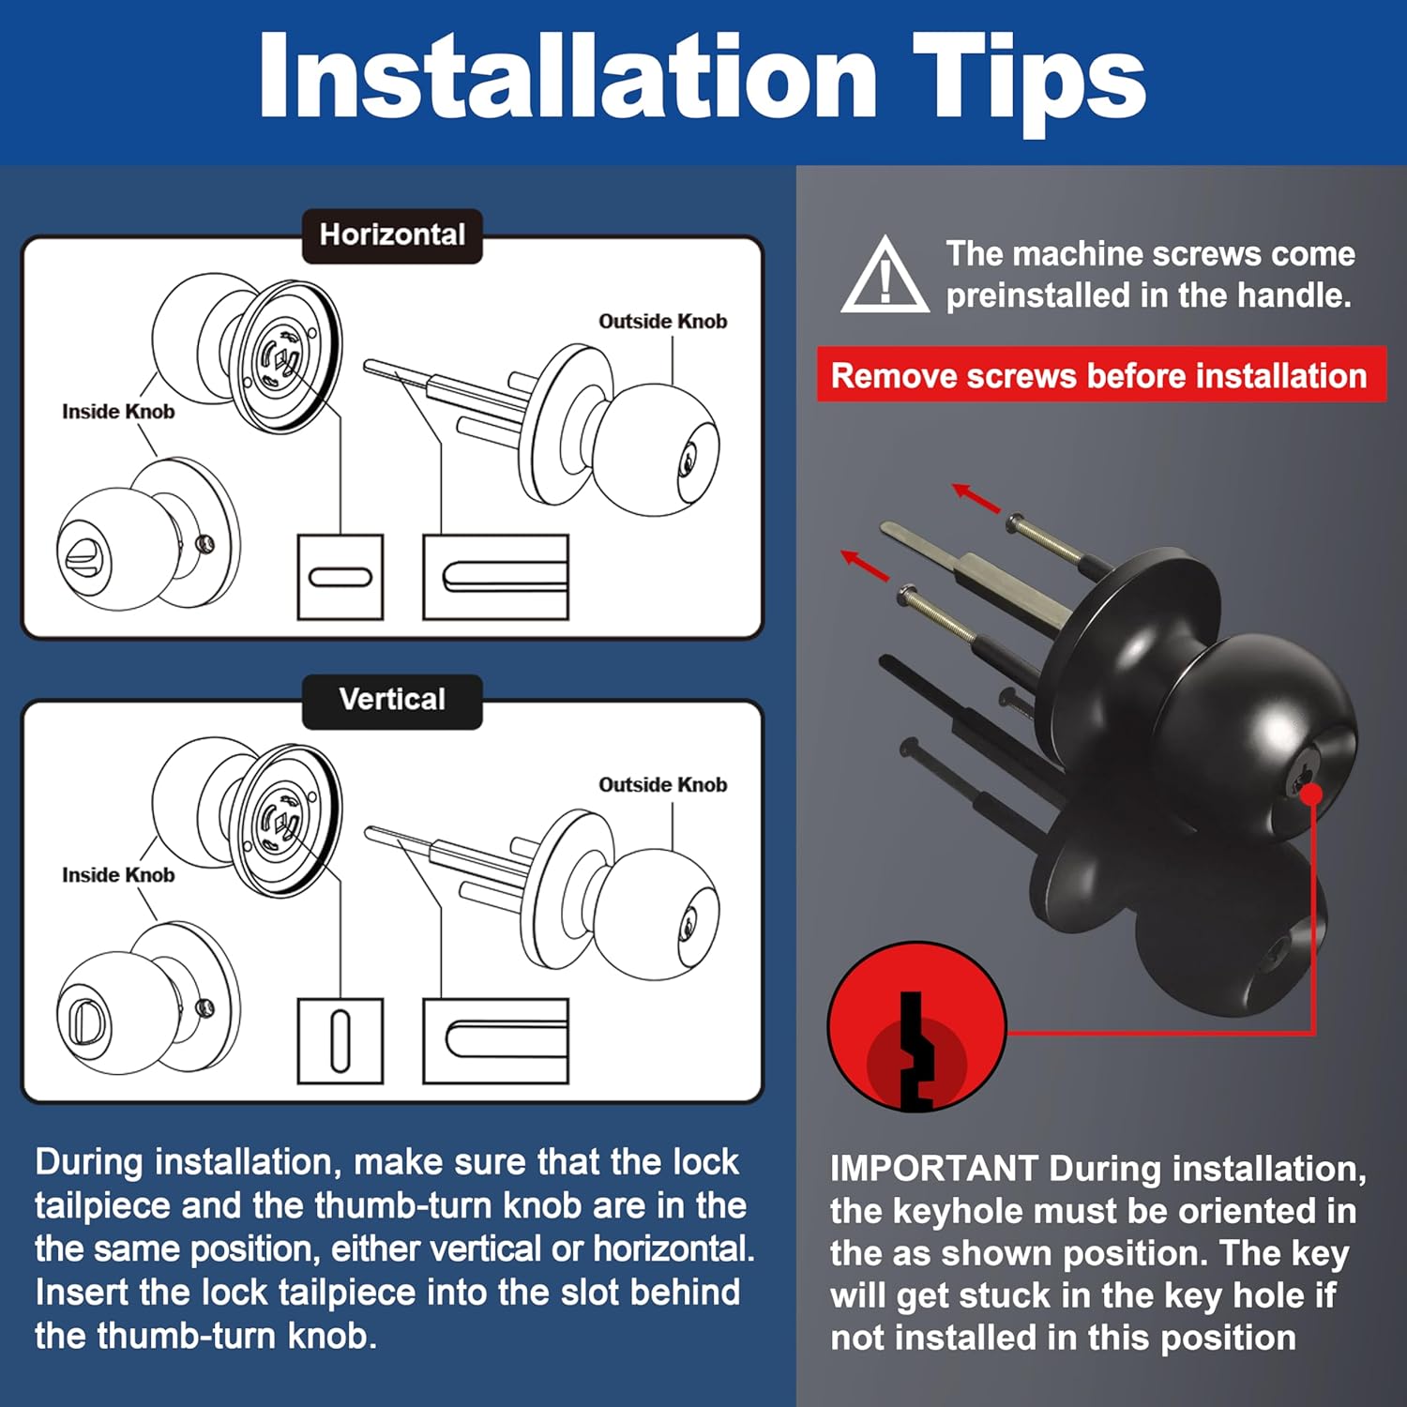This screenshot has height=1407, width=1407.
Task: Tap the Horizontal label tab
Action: pos(392,235)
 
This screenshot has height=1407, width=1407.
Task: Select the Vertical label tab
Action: pos(392,701)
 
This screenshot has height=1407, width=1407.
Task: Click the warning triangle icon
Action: pos(885,277)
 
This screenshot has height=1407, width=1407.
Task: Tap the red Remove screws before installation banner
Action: pos(1101,375)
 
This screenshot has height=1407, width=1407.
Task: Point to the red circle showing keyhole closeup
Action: pos(916,1027)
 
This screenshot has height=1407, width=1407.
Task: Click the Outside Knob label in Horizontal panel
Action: pos(662,321)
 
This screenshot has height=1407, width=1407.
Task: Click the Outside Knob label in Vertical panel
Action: pos(662,784)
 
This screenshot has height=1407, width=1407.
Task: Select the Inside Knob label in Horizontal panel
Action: pos(118,411)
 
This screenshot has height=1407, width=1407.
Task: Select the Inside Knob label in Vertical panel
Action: pos(118,874)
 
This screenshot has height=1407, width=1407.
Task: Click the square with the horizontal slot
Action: pos(340,577)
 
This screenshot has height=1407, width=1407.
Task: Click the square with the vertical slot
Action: pos(340,1040)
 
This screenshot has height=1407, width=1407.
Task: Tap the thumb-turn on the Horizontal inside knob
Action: pos(83,552)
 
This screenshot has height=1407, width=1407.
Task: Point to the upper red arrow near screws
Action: pos(976,498)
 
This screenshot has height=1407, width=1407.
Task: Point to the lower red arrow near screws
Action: pos(865,566)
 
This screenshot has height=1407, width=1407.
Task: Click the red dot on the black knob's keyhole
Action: pos(1311,794)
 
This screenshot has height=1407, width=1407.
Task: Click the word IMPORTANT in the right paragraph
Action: pos(933,1169)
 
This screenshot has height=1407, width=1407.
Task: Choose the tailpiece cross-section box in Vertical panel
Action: pos(496,1040)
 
